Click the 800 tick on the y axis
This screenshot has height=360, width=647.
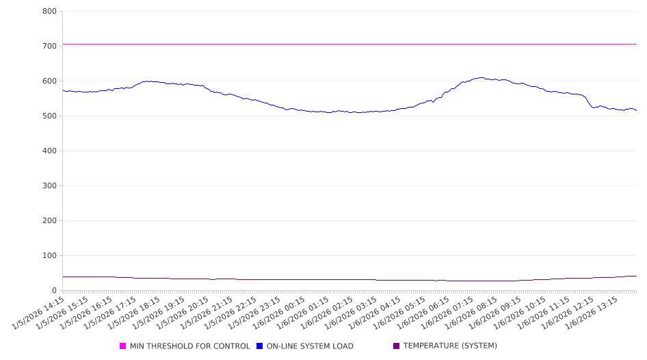coord(49,12)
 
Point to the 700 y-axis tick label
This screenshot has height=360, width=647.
coord(49,47)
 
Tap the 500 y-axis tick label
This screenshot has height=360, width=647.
coord(49,116)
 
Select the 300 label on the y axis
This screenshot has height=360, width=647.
coord(49,186)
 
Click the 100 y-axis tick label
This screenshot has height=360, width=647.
coord(49,256)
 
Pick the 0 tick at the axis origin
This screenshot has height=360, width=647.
coord(54,291)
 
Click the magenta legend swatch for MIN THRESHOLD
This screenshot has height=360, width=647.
coord(123,346)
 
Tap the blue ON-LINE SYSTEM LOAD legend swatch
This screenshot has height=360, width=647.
coord(260,346)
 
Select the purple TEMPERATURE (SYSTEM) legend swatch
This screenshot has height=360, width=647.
coord(396,346)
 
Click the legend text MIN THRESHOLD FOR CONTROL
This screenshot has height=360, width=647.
coord(189,346)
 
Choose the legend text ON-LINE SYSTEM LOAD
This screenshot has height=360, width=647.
coord(310,346)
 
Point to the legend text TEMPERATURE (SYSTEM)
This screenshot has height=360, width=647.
coord(450,346)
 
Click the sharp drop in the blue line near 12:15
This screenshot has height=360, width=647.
coord(588,101)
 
